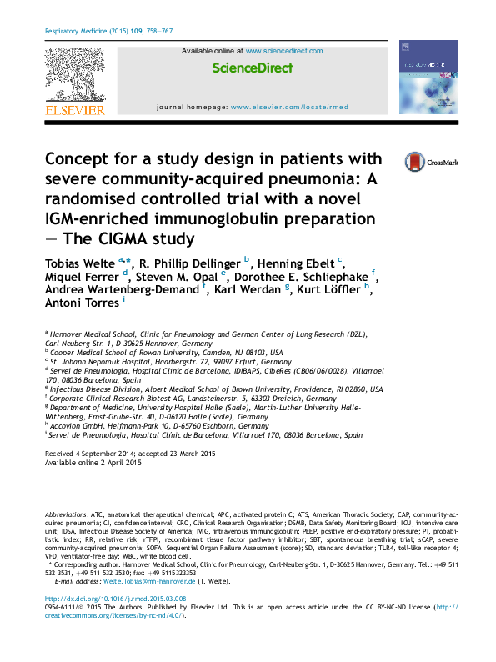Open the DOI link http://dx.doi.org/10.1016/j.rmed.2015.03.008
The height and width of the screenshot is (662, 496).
click(114, 599)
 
